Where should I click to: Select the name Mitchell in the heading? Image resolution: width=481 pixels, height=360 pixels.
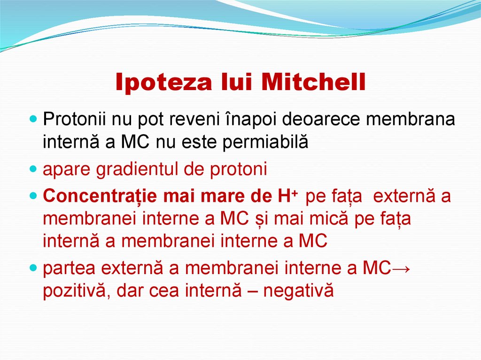(x=313, y=83)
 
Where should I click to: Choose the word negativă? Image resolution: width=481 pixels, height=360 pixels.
(x=298, y=291)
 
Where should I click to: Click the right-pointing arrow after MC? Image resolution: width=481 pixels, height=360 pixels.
(x=400, y=268)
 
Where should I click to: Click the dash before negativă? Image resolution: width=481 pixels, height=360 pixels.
(x=250, y=291)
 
